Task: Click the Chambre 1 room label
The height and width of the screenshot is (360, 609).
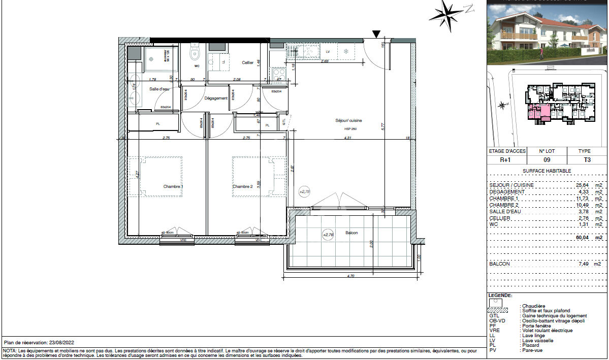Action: coord(173,187)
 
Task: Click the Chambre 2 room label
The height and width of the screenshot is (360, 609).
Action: coord(242,187)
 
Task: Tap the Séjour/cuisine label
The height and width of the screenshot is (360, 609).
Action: coord(348,121)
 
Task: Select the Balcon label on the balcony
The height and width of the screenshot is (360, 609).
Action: coord(351,233)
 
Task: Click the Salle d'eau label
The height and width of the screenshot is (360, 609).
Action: coord(158,89)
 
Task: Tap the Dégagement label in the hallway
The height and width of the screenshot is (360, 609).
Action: coord(216,99)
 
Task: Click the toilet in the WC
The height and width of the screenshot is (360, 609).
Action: coord(194,52)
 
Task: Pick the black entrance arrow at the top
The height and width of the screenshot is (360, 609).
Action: coord(376,34)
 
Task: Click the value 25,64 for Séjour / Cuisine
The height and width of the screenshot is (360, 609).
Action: coord(577,185)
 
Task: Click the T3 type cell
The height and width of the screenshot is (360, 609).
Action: coord(587,159)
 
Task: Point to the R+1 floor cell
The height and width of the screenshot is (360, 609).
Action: coord(505,159)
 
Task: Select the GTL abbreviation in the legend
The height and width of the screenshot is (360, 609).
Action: coord(493,315)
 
